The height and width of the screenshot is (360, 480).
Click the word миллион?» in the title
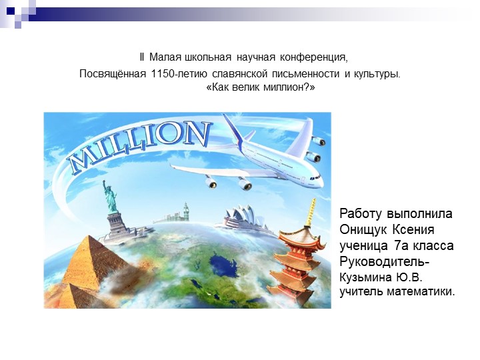point(290,88)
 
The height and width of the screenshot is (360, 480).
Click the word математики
point(420,291)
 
